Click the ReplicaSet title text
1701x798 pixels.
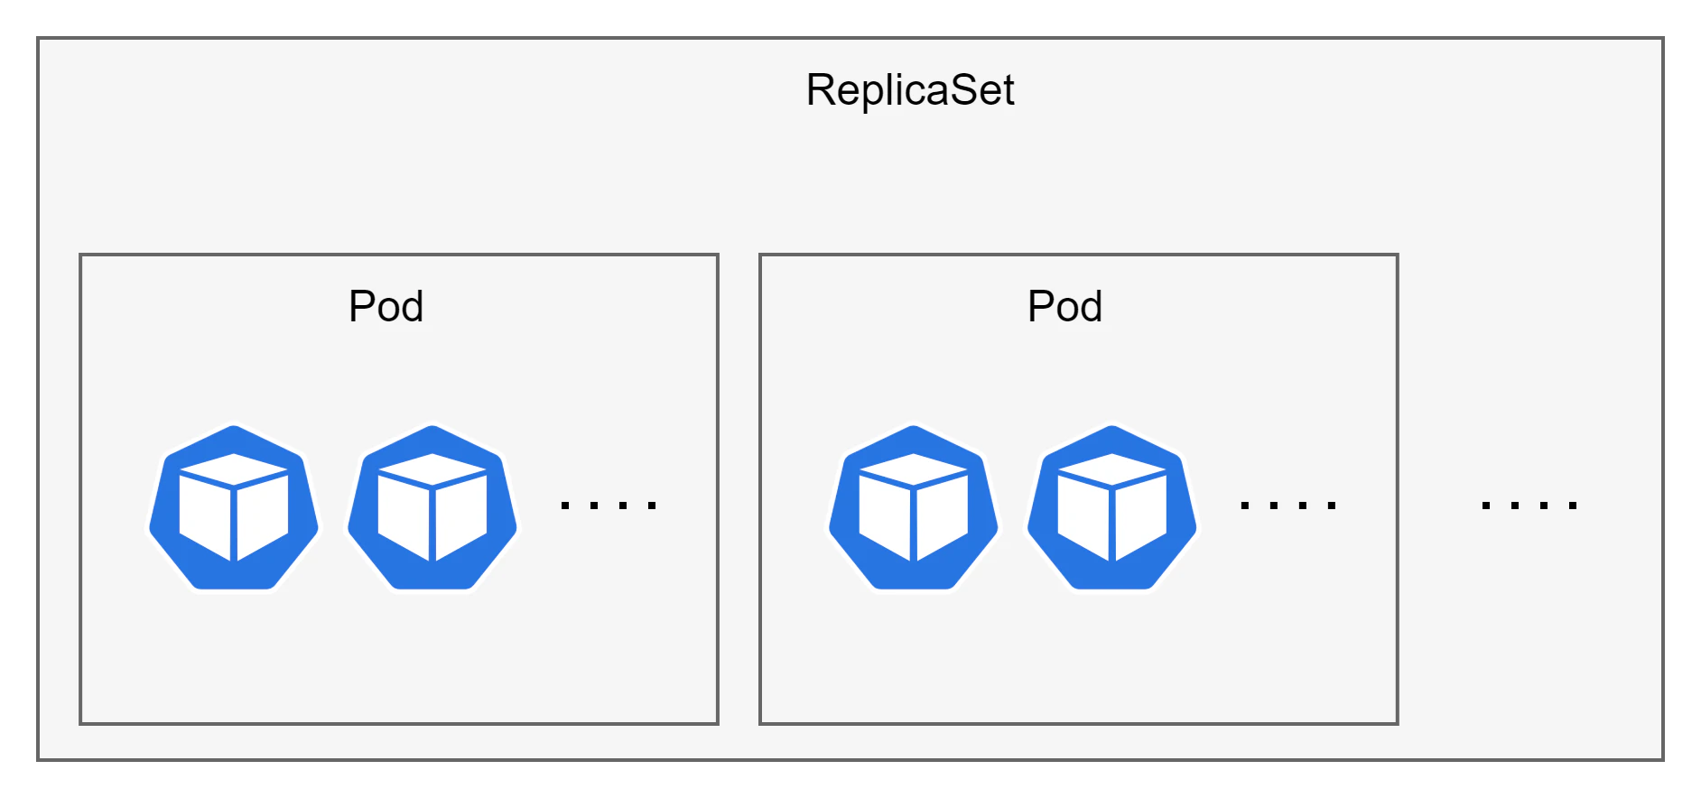[x=910, y=89]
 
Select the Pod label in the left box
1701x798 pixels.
[x=386, y=306]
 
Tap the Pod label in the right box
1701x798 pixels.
[x=1065, y=306]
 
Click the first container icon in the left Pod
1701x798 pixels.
[x=234, y=507]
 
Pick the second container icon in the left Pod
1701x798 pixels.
[x=432, y=507]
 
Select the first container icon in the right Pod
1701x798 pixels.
[x=914, y=507]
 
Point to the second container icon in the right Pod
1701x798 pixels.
[x=1112, y=507]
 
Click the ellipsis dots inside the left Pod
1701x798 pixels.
[x=609, y=506]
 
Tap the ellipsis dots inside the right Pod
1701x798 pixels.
[x=1288, y=506]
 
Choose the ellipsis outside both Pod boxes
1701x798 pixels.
[x=1529, y=506]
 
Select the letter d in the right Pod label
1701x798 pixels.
[x=1090, y=307]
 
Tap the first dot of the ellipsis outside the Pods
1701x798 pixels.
[x=1486, y=506]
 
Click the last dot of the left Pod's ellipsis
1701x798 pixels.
[x=653, y=506]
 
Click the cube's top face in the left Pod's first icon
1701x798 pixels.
[x=234, y=469]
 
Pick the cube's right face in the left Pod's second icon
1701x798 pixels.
[x=461, y=515]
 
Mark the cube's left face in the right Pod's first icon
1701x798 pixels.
[x=885, y=516]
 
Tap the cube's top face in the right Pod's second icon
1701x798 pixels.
[x=1112, y=469]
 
